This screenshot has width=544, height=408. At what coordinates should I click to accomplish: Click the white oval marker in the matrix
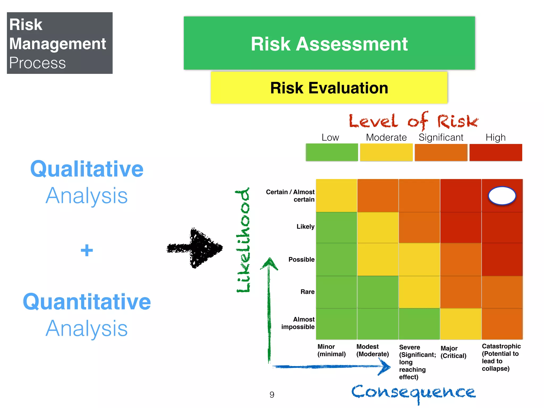[x=502, y=196]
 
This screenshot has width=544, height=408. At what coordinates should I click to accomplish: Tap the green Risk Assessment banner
[x=329, y=43]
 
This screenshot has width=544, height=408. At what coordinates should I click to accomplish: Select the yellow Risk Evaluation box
[x=329, y=88]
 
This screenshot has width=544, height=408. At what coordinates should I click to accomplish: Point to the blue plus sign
[x=87, y=250]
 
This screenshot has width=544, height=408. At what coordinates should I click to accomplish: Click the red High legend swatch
[x=496, y=152]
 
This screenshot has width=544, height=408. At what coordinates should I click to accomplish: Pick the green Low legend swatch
[x=332, y=152]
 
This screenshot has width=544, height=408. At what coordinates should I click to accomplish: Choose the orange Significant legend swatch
[x=441, y=152]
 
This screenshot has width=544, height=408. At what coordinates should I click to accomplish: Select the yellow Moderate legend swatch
[x=386, y=152]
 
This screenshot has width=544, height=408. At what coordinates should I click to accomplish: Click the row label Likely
[x=305, y=227]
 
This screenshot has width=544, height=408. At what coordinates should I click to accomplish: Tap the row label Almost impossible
[x=298, y=323]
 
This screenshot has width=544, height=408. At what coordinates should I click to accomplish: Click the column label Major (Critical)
[x=453, y=352]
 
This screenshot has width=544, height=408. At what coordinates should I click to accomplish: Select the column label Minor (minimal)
[x=331, y=350]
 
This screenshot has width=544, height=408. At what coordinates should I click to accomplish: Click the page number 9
[x=272, y=395]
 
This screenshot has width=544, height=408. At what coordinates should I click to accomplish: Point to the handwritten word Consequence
[x=413, y=393]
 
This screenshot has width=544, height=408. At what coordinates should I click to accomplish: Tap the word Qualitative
[x=87, y=169]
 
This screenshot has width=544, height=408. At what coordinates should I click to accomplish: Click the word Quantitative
[x=87, y=302]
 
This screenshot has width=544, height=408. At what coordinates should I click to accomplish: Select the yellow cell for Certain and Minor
[x=336, y=195]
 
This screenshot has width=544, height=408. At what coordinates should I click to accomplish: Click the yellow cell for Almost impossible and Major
[x=461, y=324]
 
